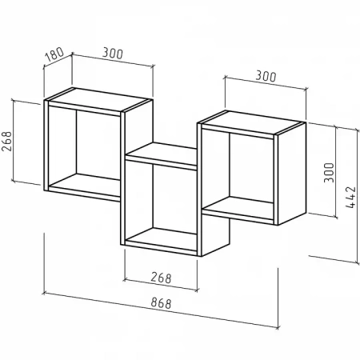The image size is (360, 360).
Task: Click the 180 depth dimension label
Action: (54, 54)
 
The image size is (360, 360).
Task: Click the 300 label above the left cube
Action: (113, 54)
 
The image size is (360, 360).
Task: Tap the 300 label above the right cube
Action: (266, 77)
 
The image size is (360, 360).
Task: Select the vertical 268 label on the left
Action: (7, 142)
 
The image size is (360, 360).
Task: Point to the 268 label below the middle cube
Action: (161, 278)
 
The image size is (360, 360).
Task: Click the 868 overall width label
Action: (161, 303)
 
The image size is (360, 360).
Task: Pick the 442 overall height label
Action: (350, 197)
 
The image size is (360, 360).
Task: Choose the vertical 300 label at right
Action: (329, 173)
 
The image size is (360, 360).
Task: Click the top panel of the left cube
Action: (98, 99)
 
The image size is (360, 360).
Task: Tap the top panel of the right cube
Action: (251, 122)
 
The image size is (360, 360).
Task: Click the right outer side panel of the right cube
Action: (292, 174)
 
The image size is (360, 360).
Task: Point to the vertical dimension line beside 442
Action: (358, 196)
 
